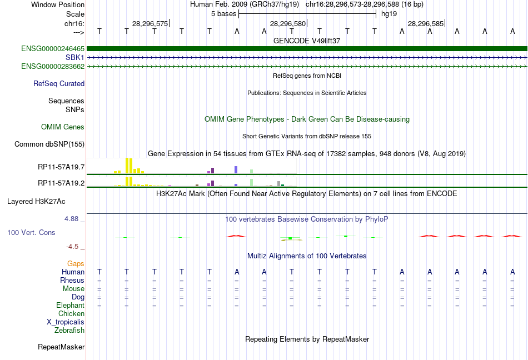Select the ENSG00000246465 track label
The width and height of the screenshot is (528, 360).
pos(53,49)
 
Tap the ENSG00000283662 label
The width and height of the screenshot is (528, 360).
pos(53,66)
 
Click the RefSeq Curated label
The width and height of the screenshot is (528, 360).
pos(59,84)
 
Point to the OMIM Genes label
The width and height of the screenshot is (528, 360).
pos(63,127)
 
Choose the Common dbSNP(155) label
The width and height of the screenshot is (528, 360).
pos(49,144)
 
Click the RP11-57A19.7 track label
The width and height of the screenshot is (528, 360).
pos(61,167)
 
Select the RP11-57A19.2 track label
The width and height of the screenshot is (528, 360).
pos(61,183)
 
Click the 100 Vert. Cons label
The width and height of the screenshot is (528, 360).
pos(31,232)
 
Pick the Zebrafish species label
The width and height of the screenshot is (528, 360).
pos(69,330)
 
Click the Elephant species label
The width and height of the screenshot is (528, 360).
pos(70,305)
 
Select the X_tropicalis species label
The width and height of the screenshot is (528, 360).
pos(66,322)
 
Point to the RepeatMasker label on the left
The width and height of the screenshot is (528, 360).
pos(61,347)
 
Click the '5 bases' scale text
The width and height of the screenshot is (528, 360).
pos(223,13)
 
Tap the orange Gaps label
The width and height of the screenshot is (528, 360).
pos(76,263)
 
